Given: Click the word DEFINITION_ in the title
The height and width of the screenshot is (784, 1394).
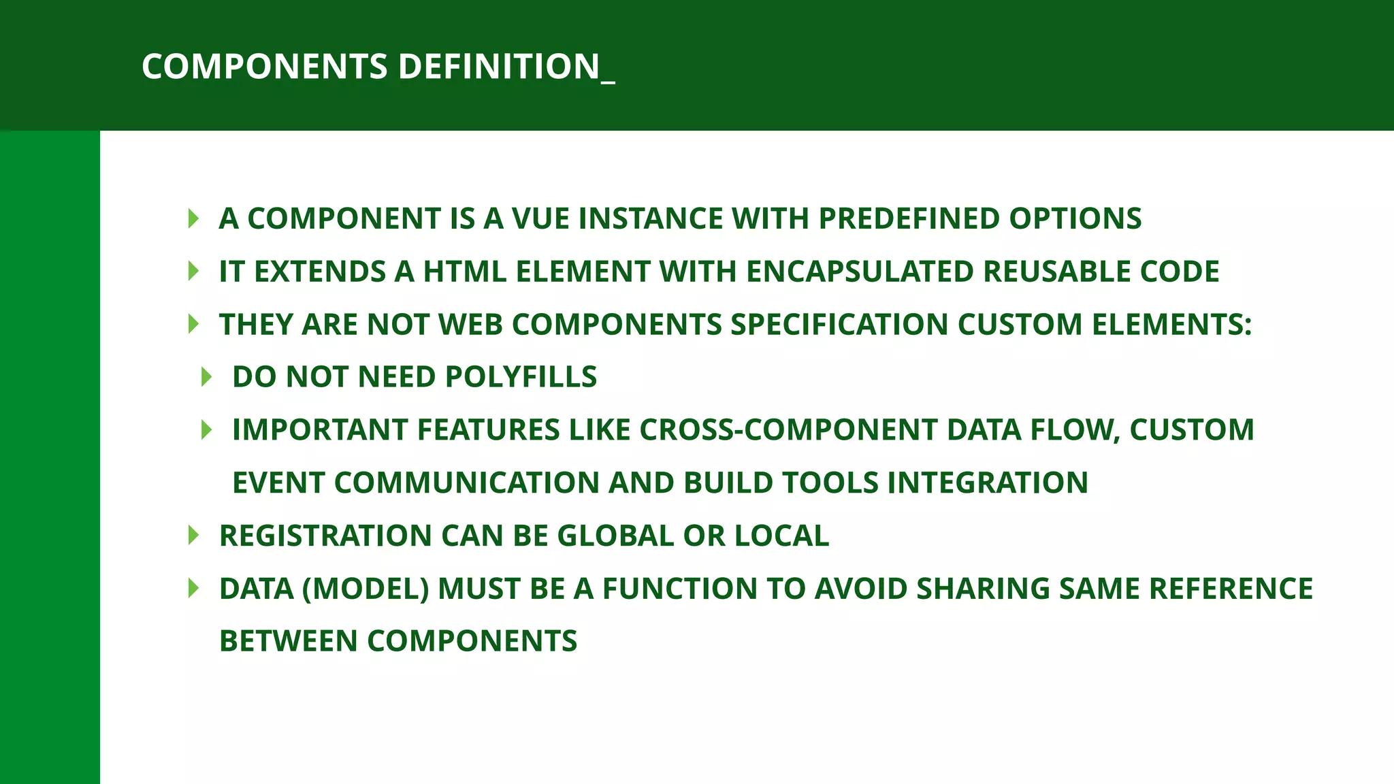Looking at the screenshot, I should point(506,67).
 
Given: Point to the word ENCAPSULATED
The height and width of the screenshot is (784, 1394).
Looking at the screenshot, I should point(860,272).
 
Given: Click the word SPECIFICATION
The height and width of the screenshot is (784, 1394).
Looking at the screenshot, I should point(839,324).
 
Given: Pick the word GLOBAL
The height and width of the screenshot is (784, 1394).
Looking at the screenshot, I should point(615,536).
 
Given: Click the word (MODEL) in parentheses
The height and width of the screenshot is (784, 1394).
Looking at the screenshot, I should point(366,589).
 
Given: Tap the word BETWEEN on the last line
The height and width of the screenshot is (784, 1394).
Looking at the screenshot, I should point(289,641).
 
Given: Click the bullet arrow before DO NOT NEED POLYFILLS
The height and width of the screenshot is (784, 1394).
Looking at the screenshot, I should point(207,377).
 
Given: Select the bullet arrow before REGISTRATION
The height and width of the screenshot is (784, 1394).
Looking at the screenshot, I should point(193,536).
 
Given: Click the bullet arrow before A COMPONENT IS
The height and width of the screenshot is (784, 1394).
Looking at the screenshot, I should point(193,218).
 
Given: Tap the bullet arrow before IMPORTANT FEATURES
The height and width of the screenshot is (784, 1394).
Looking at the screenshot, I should point(207,430).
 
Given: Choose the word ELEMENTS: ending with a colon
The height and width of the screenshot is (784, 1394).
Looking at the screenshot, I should point(1171,324).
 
